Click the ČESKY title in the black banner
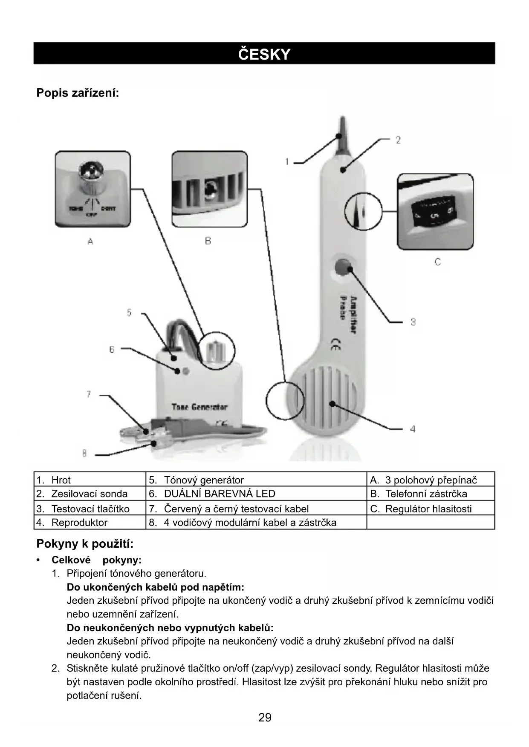(264, 54)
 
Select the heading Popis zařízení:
(78, 92)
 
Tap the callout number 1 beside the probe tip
(287, 162)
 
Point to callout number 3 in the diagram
(413, 322)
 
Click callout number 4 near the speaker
(413, 429)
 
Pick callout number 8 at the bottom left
(84, 454)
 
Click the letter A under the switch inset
(90, 241)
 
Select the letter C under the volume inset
(437, 261)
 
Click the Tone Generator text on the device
(199, 407)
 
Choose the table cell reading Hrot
(61, 480)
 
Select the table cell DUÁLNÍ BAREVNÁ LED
(220, 494)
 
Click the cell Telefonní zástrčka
(426, 494)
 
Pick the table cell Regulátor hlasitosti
(428, 509)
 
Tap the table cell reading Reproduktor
(79, 523)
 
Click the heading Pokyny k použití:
(85, 544)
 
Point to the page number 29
(265, 718)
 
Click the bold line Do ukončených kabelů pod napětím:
(156, 587)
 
